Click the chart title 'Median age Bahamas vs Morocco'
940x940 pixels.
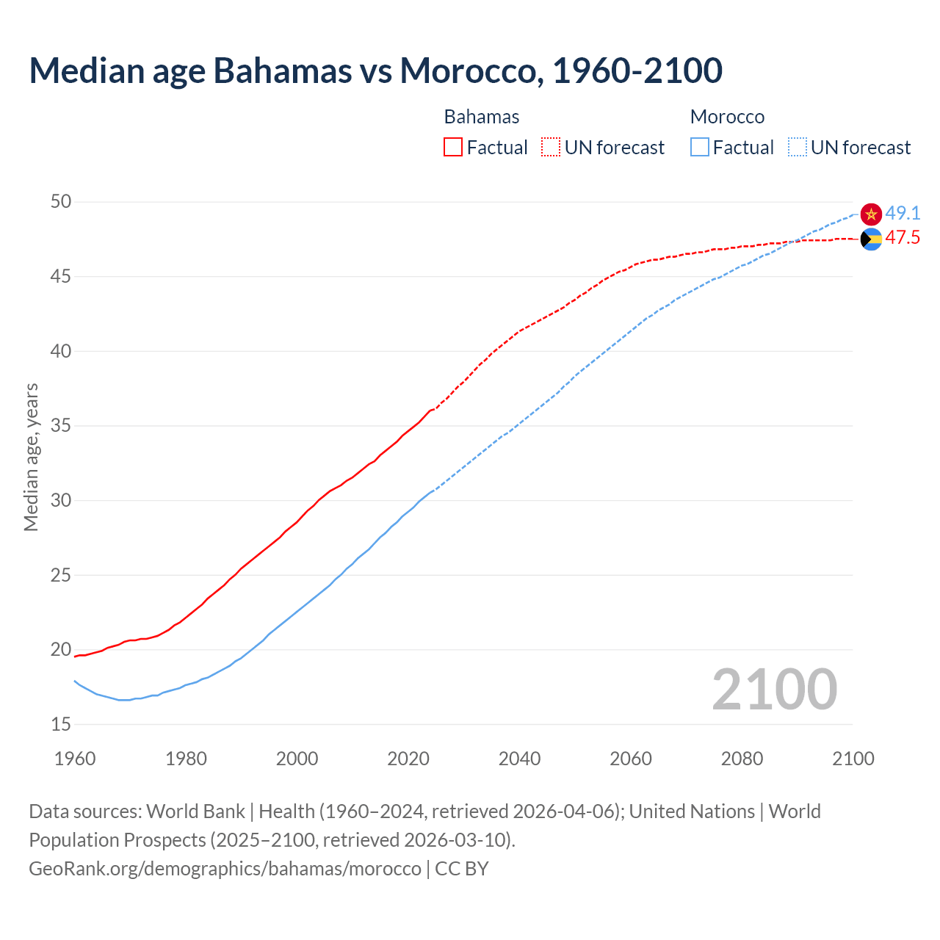point(375,70)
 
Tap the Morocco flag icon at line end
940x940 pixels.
point(871,214)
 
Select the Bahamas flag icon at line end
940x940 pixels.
point(871,239)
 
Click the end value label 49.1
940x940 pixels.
point(903,213)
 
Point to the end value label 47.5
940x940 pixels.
point(903,238)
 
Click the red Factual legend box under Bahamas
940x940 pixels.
point(453,148)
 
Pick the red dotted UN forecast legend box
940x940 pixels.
point(551,148)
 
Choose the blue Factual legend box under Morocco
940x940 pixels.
point(700,148)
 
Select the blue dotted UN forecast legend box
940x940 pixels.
point(797,148)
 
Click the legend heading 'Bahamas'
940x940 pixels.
point(482,117)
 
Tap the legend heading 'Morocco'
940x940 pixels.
point(727,117)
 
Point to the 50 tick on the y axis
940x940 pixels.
point(61,201)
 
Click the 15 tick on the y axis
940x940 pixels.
point(61,724)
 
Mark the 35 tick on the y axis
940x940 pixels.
point(61,425)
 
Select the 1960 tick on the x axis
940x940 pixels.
point(75,759)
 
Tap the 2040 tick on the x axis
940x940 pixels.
point(519,759)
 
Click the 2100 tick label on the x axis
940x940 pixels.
point(853,759)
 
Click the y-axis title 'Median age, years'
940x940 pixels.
point(31,457)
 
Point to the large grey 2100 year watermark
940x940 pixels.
point(774,689)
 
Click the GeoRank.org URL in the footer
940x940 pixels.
point(225,868)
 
